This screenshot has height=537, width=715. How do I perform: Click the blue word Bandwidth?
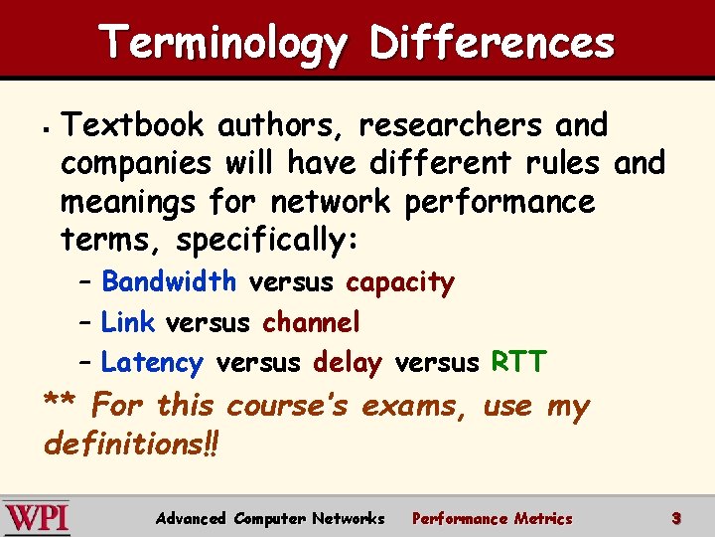tap(169, 282)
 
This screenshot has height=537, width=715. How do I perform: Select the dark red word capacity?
tap(399, 283)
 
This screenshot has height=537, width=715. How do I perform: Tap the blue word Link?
tap(127, 322)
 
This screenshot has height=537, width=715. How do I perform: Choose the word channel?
tap(311, 322)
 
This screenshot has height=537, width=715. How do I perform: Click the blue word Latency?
tap(152, 363)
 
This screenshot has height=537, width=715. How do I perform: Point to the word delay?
tap(347, 363)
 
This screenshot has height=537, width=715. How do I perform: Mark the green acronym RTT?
tap(518, 362)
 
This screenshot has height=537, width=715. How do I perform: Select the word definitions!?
tap(131, 443)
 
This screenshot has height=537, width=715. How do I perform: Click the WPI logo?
tap(37, 518)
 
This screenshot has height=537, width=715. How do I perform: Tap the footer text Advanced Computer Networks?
tap(270, 518)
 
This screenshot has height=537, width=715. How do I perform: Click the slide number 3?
tap(675, 518)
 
